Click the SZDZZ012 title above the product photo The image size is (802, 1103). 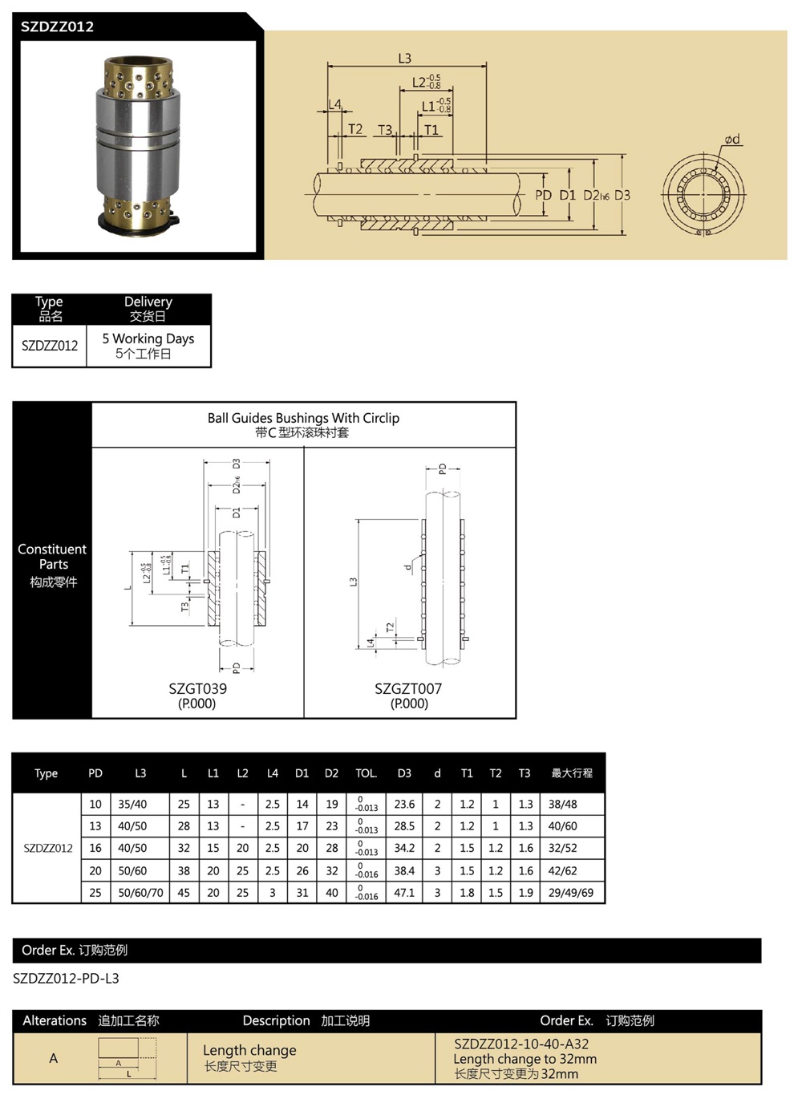(x=57, y=26)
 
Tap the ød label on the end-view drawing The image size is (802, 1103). (x=731, y=140)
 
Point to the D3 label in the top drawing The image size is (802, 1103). (x=622, y=195)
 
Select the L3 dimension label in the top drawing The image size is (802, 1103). (x=404, y=59)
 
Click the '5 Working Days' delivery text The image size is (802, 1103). (x=148, y=339)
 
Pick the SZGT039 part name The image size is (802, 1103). (x=197, y=688)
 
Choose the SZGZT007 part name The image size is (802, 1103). (x=408, y=688)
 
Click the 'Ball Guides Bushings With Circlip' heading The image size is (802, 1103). (x=303, y=418)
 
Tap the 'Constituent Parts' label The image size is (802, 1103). (x=52, y=557)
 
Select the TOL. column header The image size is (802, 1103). (x=366, y=773)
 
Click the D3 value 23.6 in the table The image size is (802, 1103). (x=404, y=804)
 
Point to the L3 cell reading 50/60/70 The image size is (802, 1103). (x=140, y=892)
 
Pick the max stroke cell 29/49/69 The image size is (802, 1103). (x=571, y=892)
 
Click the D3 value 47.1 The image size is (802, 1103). (x=404, y=892)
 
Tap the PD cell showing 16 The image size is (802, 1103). (x=95, y=848)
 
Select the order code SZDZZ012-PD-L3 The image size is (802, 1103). (x=66, y=978)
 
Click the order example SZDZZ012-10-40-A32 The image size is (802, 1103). (x=521, y=1044)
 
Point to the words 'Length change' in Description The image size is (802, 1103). (x=249, y=1050)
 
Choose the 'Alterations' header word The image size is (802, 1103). (x=55, y=1020)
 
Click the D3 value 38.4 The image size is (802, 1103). (x=404, y=870)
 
